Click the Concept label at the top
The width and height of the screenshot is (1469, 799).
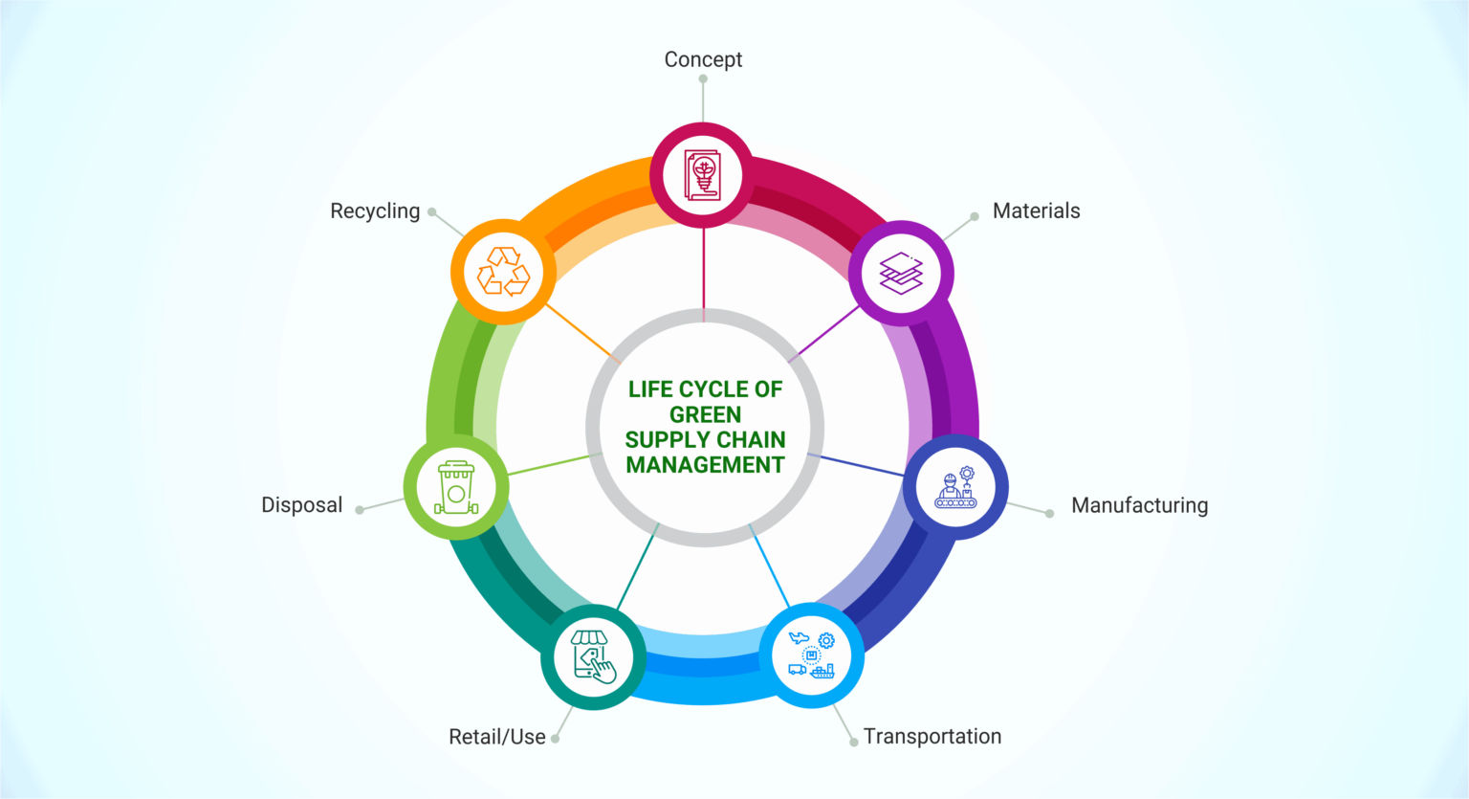point(703,59)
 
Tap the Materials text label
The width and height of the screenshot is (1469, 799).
point(1036,211)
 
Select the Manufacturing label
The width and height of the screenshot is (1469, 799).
point(1139,505)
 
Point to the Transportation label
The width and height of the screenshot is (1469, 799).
point(932,736)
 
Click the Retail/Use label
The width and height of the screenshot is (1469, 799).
point(497,737)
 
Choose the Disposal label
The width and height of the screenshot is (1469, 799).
point(301,505)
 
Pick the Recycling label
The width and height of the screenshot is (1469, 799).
point(375,211)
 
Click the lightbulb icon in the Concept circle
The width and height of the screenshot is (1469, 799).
point(702,175)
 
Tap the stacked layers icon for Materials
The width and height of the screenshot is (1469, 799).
point(901,273)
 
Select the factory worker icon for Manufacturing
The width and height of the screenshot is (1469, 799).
point(955,488)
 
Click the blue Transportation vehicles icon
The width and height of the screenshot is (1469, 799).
point(812,655)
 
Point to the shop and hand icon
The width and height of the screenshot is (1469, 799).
point(593,656)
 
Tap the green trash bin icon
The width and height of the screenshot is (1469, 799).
point(456,488)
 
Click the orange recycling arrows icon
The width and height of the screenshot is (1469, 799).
point(503,272)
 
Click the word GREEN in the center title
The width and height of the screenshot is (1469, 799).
point(705,414)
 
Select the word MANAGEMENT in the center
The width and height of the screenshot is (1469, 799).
point(705,465)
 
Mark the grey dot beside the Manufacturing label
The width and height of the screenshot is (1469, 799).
point(1049,514)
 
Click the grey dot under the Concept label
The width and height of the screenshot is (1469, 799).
point(703,79)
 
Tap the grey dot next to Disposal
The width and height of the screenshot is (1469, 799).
point(360,510)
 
